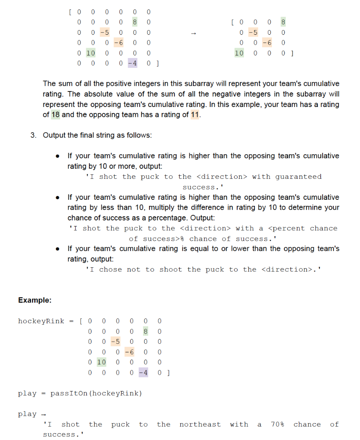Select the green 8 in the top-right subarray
[283, 21]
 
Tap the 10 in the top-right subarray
[239, 53]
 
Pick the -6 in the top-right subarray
[267, 43]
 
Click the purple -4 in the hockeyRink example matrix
[143, 373]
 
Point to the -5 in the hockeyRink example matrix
[115, 342]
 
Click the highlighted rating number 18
[55, 115]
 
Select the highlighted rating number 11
[195, 115]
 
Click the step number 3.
[33, 135]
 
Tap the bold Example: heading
[35, 300]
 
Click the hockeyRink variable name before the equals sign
[41, 321]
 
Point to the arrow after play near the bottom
[43, 414]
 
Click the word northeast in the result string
[200, 424]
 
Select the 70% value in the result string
[278, 424]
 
